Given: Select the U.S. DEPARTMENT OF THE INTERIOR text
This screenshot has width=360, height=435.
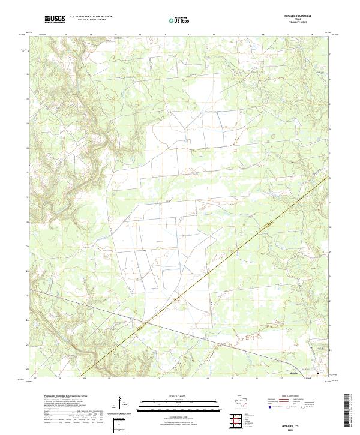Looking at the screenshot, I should coord(91,17).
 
